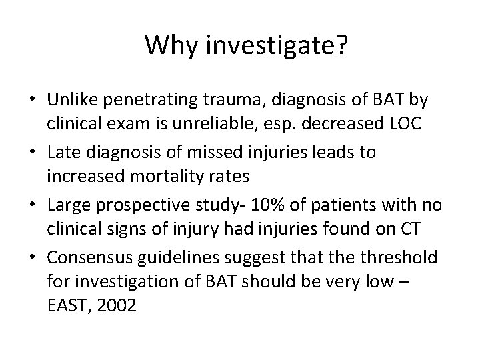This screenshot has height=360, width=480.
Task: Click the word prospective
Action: point(161,204)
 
